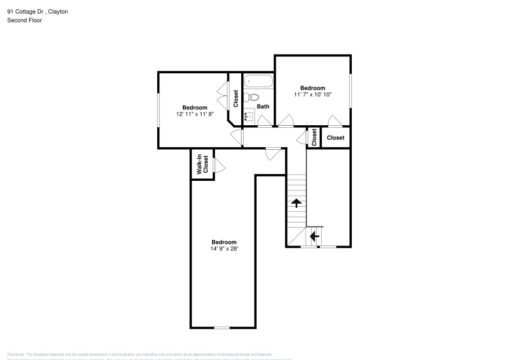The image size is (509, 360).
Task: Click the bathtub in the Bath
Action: [258, 81]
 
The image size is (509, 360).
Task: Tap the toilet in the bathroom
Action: [253, 97]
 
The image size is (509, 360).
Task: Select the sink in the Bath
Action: [249, 117]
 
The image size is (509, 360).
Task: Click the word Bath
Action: [263, 106]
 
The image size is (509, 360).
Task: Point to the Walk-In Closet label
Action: [203, 164]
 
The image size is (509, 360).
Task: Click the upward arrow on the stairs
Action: [295, 203]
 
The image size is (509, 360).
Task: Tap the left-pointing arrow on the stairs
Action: [314, 236]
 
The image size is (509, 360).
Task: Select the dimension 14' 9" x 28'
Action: [224, 248]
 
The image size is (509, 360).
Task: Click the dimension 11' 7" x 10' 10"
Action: [313, 95]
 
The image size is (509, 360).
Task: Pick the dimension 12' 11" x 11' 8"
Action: [194, 114]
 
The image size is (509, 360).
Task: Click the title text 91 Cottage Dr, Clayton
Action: [38, 11]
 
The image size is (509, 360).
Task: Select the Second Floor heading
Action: [24, 20]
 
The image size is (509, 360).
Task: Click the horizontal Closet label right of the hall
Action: [335, 138]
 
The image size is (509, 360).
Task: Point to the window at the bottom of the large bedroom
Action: [221, 327]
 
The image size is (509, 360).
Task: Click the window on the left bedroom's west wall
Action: [158, 111]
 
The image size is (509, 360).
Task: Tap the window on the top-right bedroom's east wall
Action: [350, 91]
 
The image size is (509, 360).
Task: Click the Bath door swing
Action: [264, 121]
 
